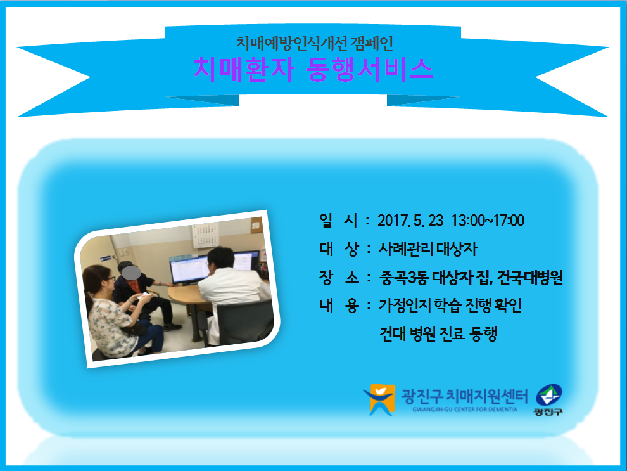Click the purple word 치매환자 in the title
pos(244,70)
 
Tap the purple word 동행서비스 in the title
pos(369,70)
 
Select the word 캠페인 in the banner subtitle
pos(372,43)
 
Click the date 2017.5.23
pos(410,221)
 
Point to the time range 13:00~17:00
pos(488,221)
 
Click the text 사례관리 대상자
pos(428,249)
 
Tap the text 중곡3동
pos(404,277)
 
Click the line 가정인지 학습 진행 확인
pos(450,306)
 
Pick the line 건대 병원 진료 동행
pos(438,333)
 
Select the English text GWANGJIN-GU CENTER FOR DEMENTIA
pos(465,410)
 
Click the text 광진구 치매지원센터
pos(464,396)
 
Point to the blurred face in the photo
pos(131,273)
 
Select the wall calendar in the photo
pos(206,236)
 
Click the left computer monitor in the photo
pos(189,269)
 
